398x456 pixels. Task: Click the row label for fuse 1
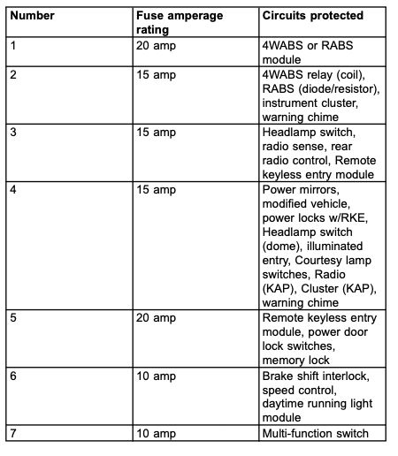13,44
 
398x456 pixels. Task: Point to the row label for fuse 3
13,131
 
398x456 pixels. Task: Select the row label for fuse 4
13,188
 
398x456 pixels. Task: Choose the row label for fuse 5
13,316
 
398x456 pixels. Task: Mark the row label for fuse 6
13,375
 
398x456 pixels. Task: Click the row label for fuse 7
13,432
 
